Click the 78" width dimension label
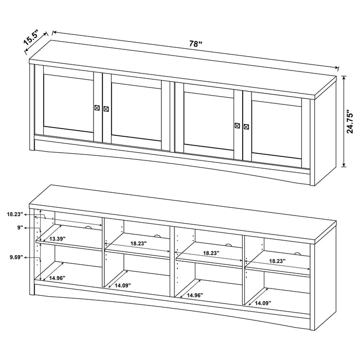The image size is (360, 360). point(194,44)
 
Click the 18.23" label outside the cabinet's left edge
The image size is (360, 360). point(14,214)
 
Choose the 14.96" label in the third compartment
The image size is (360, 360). point(194,296)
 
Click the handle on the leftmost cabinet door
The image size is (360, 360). point(97,107)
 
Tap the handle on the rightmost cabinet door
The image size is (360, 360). point(246,126)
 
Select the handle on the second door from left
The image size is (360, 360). point(106,109)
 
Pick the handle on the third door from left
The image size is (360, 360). point(237,125)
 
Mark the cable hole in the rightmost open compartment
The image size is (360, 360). point(297,253)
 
